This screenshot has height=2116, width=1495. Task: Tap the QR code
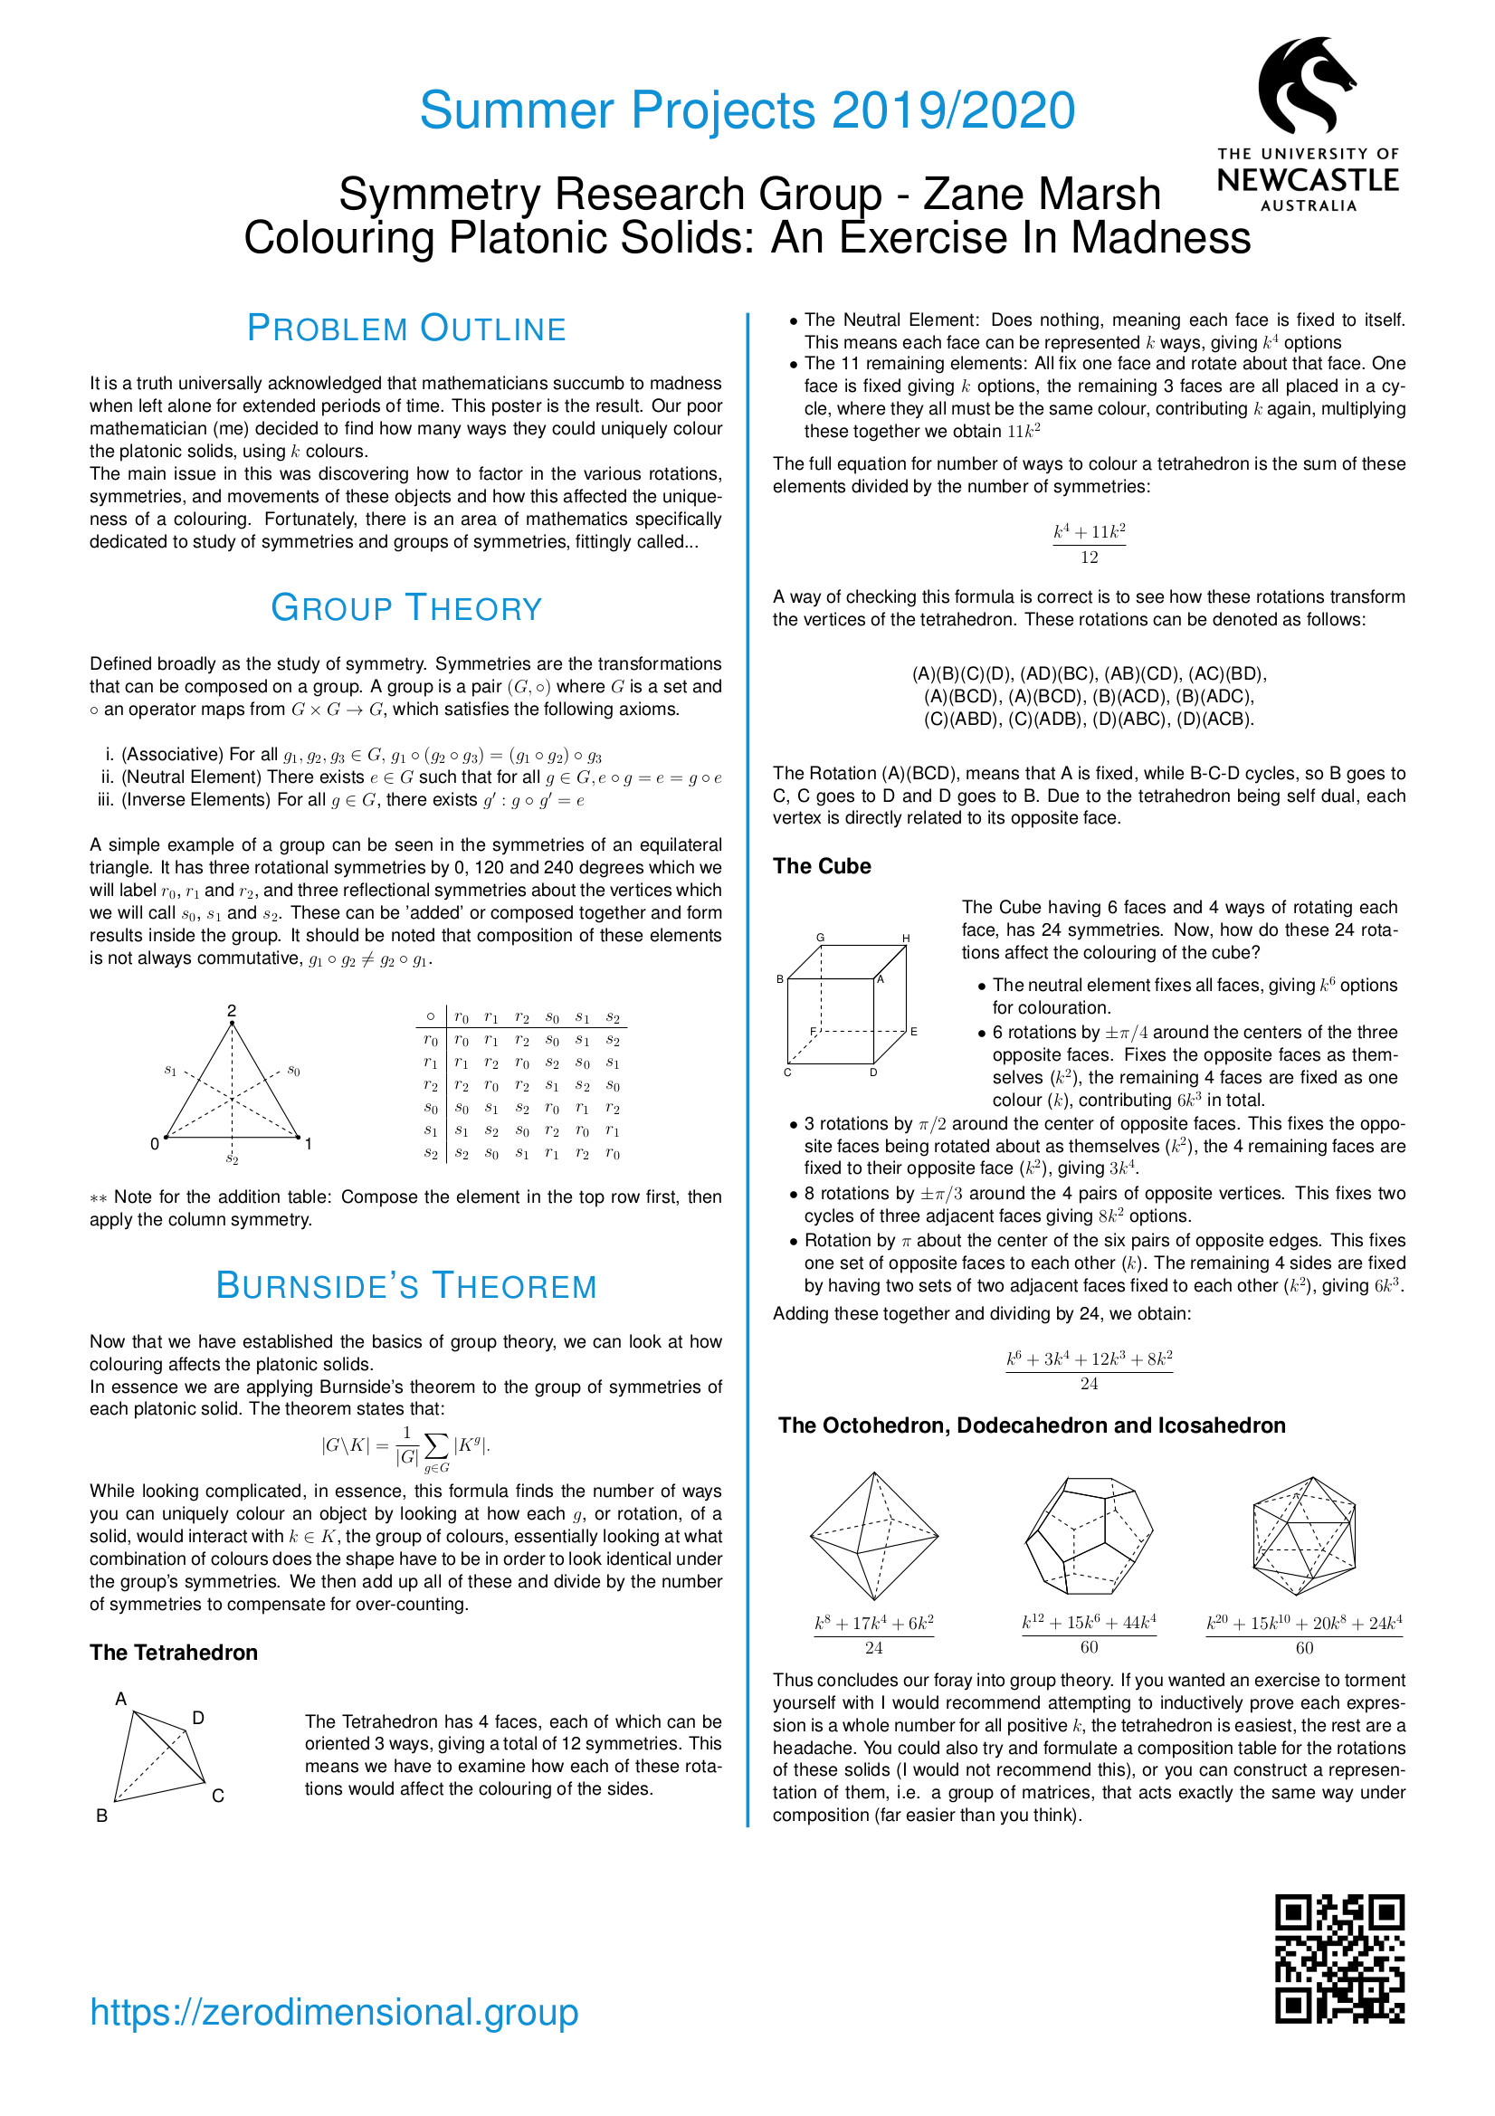click(1339, 1969)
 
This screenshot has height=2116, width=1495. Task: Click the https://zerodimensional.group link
click(334, 2012)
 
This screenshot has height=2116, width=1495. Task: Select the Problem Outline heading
click(406, 329)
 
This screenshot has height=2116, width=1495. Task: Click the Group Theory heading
click(406, 608)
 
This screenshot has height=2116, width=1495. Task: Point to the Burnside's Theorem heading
click(406, 1286)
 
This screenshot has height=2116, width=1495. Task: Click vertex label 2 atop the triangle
click(232, 1010)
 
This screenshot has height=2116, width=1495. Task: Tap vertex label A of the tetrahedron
click(120, 1699)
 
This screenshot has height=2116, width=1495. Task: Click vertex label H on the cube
click(906, 939)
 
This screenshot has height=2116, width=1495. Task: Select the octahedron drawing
click(874, 1535)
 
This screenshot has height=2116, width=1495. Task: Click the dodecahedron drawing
click(1089, 1535)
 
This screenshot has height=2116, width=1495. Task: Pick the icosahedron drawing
click(1304, 1535)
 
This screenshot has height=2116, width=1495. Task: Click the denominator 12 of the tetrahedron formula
click(1090, 558)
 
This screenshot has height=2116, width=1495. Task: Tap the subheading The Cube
click(821, 866)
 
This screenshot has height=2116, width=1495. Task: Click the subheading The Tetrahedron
click(173, 1653)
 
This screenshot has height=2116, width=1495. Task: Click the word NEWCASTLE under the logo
click(1308, 180)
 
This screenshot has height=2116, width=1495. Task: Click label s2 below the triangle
click(233, 1158)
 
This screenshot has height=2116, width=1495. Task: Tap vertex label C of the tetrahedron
click(218, 1796)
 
